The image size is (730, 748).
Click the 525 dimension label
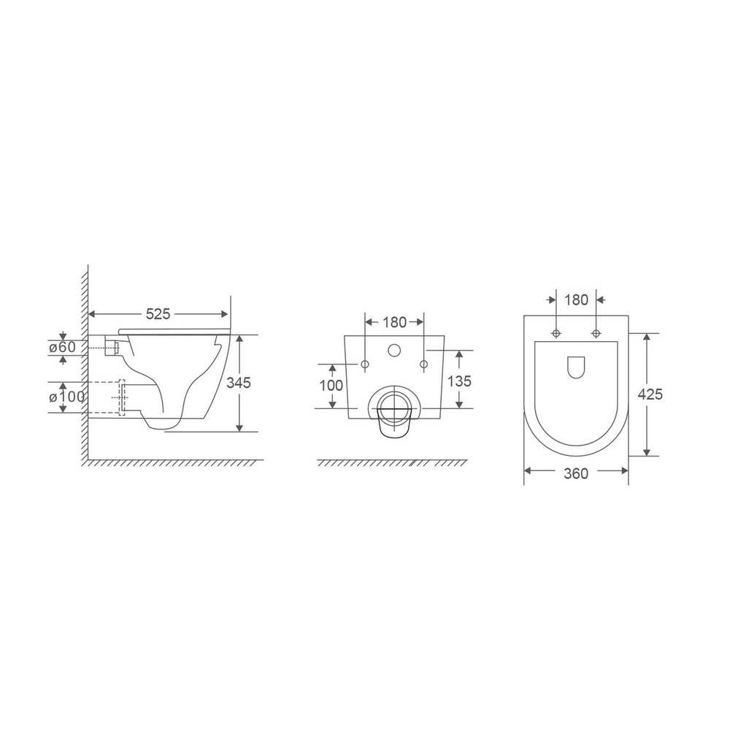(158, 314)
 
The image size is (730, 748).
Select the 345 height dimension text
(239, 383)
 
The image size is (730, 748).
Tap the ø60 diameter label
(63, 347)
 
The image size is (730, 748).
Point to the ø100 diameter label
(66, 397)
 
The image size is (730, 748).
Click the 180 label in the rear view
(394, 322)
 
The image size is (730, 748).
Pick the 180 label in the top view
(577, 300)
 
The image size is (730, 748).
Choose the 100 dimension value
(331, 386)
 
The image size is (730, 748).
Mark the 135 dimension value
(460, 381)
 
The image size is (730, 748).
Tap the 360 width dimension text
(576, 473)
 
